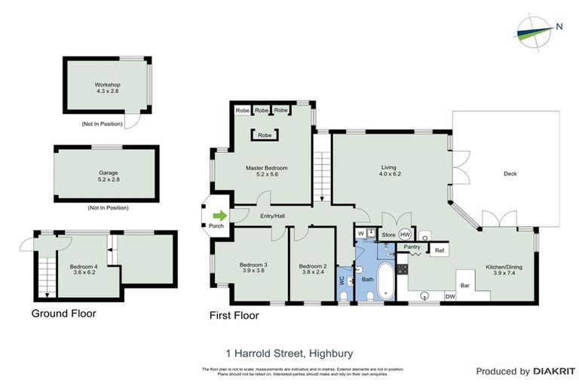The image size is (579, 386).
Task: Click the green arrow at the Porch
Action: click(x=219, y=215)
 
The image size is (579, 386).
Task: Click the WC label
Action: click(x=342, y=279)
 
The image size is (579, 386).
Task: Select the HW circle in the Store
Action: click(x=405, y=234)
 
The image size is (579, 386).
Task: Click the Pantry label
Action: click(x=412, y=247)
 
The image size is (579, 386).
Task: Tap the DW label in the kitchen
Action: click(x=450, y=296)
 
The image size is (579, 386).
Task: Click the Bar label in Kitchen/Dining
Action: click(x=465, y=285)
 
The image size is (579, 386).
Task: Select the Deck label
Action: click(x=510, y=174)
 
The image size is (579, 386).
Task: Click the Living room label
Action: click(x=388, y=170)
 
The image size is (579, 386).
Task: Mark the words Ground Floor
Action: click(x=63, y=313)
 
